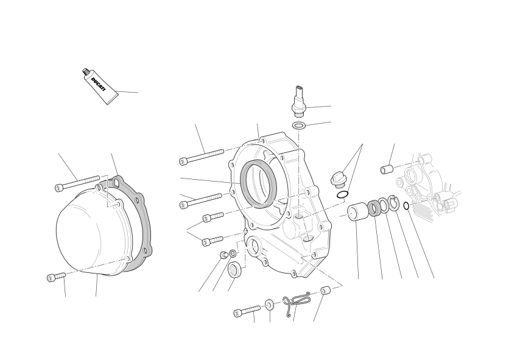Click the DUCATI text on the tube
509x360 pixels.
(x=99, y=84)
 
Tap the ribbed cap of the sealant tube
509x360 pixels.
(x=86, y=72)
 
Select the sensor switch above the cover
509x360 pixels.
(x=299, y=101)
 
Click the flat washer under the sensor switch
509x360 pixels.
(x=299, y=125)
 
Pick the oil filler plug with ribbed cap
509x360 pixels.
(x=337, y=179)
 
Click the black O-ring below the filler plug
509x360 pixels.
(x=342, y=195)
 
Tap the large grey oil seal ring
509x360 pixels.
(x=258, y=184)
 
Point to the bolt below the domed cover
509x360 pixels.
(x=56, y=277)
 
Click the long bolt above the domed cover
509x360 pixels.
(x=77, y=183)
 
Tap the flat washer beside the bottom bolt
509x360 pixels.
(x=270, y=305)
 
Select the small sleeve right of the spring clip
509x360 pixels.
(x=326, y=290)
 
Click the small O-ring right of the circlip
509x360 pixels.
(x=406, y=206)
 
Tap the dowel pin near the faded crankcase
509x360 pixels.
(x=387, y=169)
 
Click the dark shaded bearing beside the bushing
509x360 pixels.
(x=374, y=208)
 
